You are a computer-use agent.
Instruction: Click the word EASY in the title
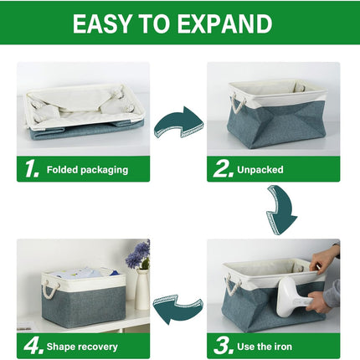pos(105,24)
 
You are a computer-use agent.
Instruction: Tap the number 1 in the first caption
pos(32,169)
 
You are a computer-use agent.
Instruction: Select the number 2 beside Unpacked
pos(222,169)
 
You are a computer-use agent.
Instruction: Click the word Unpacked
pos(260,170)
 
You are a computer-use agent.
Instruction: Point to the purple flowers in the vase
pos(137,255)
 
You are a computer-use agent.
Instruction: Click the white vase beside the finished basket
pos(142,290)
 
